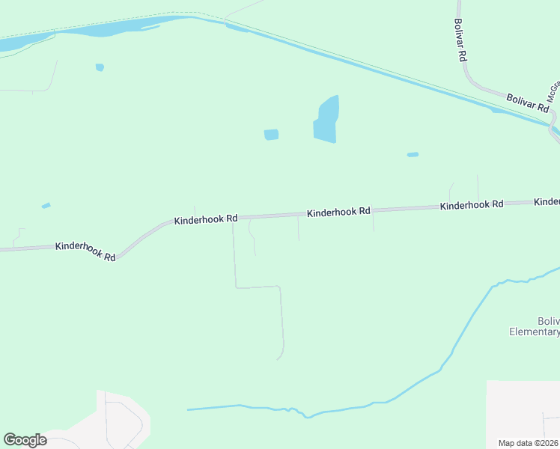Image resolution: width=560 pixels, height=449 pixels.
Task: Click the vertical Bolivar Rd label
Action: point(462,40)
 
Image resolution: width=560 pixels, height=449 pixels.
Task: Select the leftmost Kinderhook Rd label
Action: point(85,251)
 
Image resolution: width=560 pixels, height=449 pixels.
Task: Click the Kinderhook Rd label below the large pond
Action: point(338,212)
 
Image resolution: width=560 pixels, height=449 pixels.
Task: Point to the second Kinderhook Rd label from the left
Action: point(206,220)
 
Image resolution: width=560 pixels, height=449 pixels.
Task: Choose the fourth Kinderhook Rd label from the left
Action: point(472,205)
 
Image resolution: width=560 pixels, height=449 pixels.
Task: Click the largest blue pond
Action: point(326,120)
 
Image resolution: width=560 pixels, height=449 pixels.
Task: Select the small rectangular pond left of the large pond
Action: point(271,135)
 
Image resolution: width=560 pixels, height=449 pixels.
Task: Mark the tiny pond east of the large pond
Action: point(413,155)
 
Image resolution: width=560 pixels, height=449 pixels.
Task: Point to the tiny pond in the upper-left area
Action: point(100,67)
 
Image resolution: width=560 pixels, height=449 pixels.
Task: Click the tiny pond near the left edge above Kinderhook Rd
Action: point(46,205)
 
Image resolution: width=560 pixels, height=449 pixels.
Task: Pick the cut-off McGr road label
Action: point(553,92)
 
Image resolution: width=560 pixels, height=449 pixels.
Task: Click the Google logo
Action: point(25,440)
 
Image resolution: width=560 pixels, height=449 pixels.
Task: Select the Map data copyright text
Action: point(529,443)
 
